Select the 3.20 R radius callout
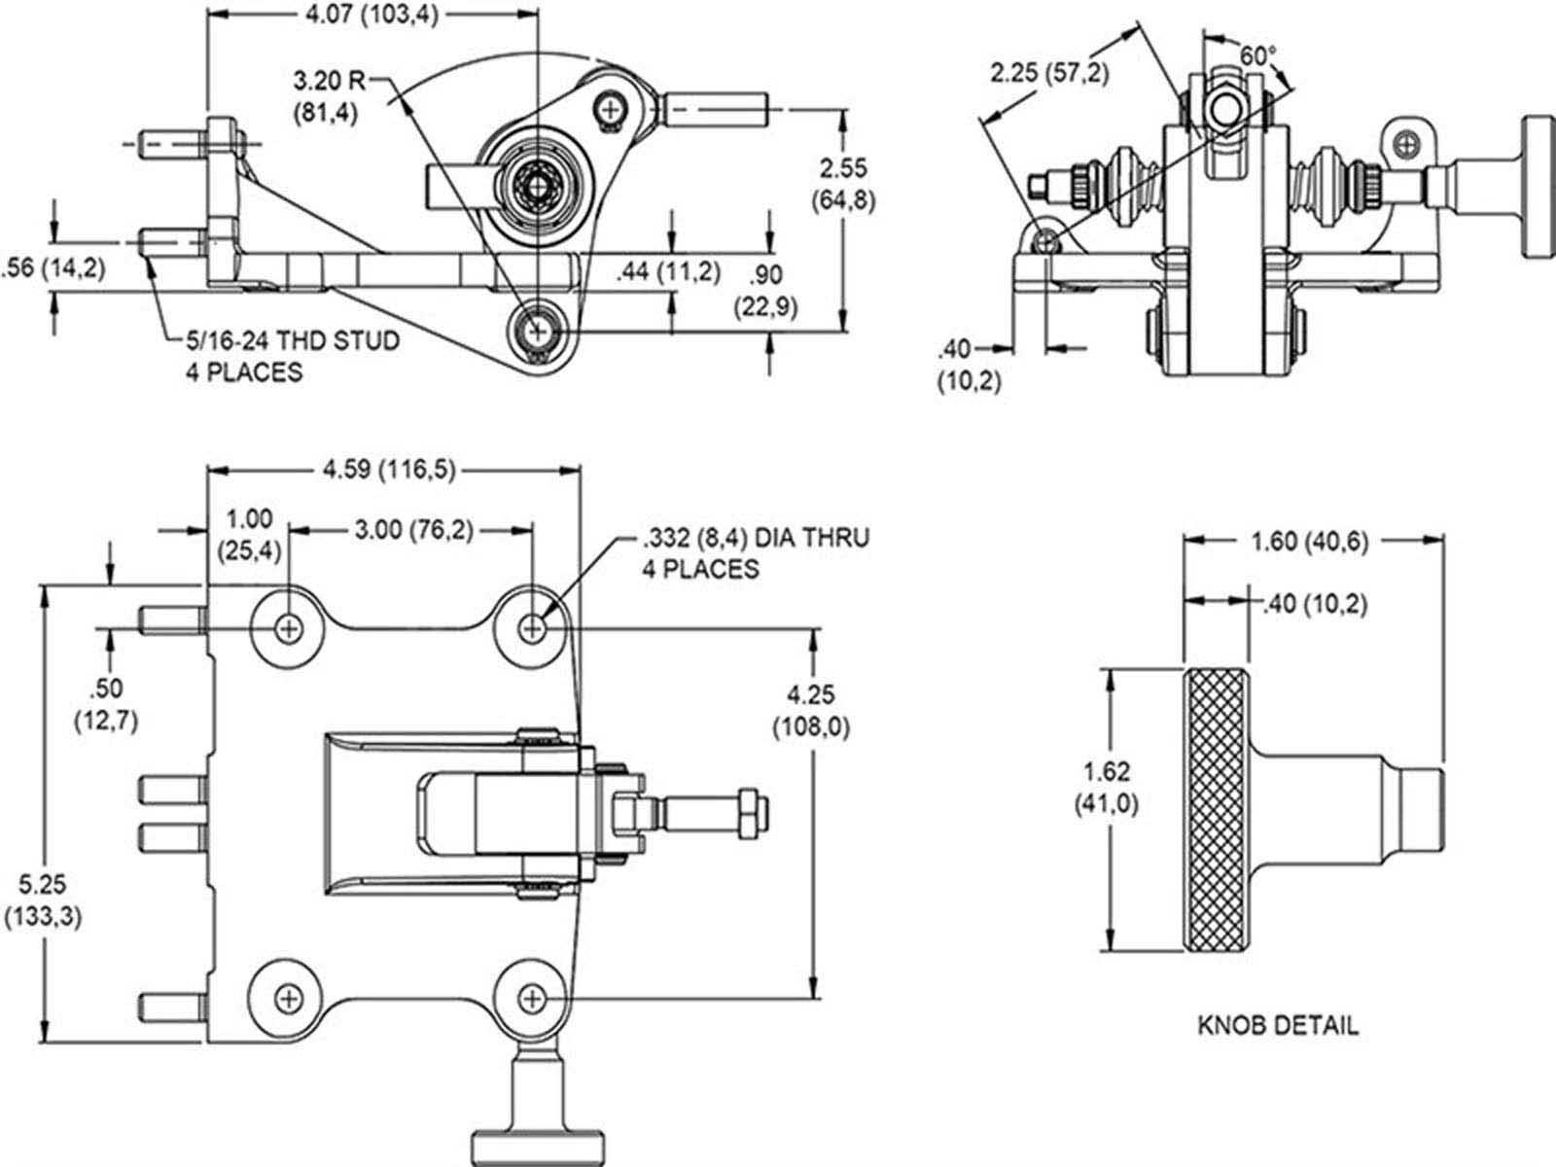329,97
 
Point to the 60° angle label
1258,56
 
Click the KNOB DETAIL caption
1278,1025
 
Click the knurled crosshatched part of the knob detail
1215,810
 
